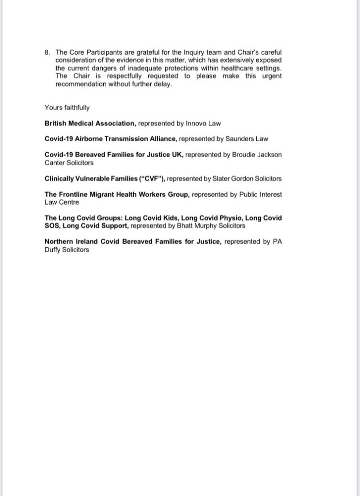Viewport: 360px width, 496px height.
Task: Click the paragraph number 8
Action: [x=47, y=52]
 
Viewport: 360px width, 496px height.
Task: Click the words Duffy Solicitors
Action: [x=67, y=249]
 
